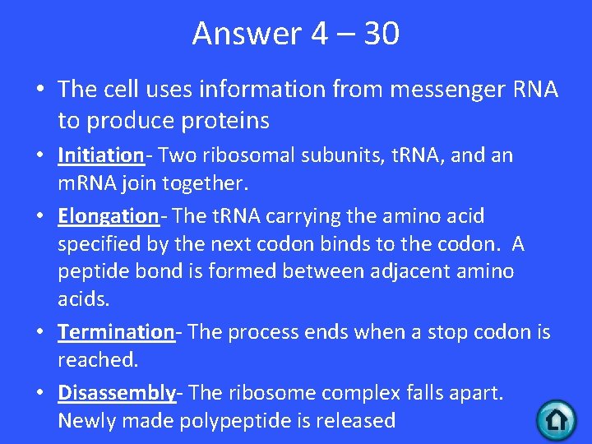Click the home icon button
click(556, 419)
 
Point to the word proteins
click(220, 121)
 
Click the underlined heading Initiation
click(100, 155)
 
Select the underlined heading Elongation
click(108, 216)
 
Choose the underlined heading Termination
click(116, 332)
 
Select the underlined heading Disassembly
click(117, 392)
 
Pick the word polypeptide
click(261, 421)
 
